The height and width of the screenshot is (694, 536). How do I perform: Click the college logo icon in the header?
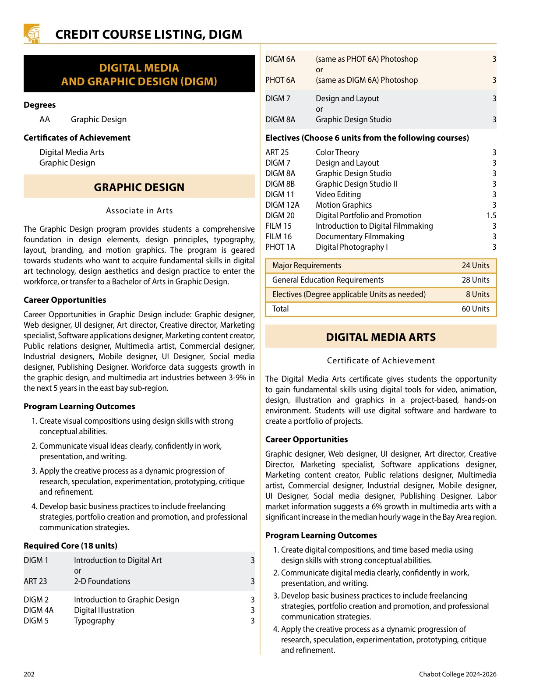click(32, 34)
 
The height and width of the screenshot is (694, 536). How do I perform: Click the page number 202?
click(29, 674)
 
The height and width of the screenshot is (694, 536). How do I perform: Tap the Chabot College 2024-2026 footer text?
click(457, 674)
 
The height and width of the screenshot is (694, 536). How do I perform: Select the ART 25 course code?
click(277, 152)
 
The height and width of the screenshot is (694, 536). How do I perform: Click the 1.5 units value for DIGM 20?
click(491, 216)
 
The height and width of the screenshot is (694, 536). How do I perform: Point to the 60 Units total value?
click(475, 309)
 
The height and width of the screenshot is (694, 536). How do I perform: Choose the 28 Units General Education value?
click(475, 280)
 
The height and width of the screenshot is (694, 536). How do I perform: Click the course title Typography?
click(94, 621)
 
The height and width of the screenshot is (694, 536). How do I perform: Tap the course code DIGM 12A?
click(282, 205)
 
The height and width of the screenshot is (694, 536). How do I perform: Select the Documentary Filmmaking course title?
click(360, 237)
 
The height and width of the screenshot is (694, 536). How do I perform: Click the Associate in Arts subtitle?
click(139, 211)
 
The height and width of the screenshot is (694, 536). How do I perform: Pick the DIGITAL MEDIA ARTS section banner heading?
click(381, 337)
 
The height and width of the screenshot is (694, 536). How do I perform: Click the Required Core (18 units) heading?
click(71, 546)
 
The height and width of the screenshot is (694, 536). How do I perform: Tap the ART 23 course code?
click(35, 581)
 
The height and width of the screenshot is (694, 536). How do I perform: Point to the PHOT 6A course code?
click(280, 80)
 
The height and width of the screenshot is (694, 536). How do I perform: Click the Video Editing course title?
click(338, 195)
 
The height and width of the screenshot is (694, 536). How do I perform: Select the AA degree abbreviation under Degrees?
click(45, 120)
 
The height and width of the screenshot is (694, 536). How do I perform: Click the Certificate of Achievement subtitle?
click(381, 361)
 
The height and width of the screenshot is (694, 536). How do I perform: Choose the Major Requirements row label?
click(306, 266)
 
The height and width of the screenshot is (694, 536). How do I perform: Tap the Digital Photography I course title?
click(351, 247)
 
